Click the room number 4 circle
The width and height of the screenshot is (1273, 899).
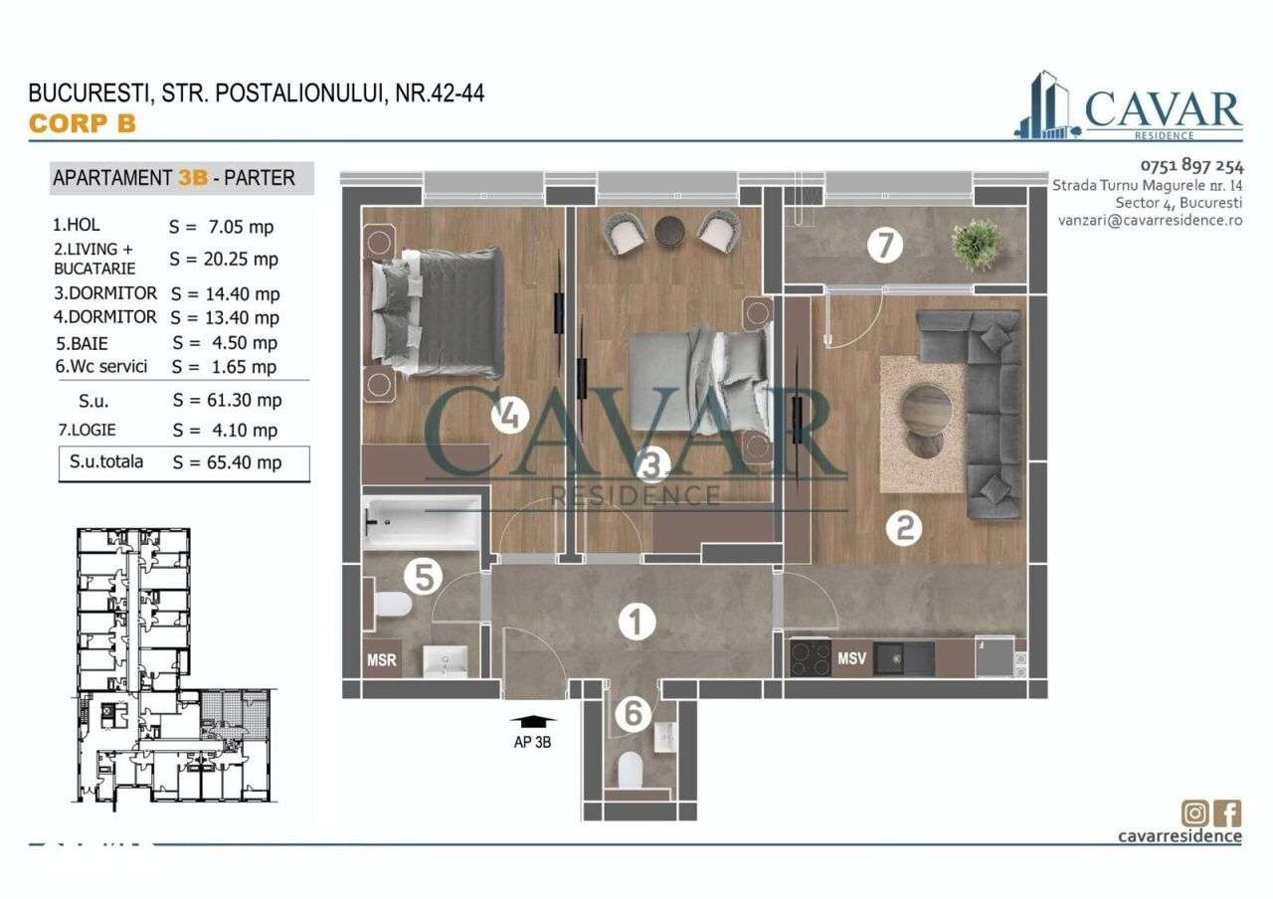tap(509, 416)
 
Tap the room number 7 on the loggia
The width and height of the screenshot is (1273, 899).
tap(884, 245)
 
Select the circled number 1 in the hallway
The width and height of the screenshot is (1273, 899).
tap(636, 624)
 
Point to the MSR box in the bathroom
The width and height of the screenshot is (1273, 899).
tap(382, 659)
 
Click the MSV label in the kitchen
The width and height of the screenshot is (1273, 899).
tap(852, 658)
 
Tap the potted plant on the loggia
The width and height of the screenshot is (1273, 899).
tap(976, 241)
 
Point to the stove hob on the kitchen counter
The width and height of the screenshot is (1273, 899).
tap(810, 658)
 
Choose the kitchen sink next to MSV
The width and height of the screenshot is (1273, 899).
tap(904, 658)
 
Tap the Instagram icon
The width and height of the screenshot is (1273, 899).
tap(1194, 812)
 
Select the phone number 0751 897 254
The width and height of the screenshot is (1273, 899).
tap(1191, 166)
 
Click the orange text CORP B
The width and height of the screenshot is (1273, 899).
tap(82, 123)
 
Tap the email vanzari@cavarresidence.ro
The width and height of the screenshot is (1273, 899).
tap(1151, 220)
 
